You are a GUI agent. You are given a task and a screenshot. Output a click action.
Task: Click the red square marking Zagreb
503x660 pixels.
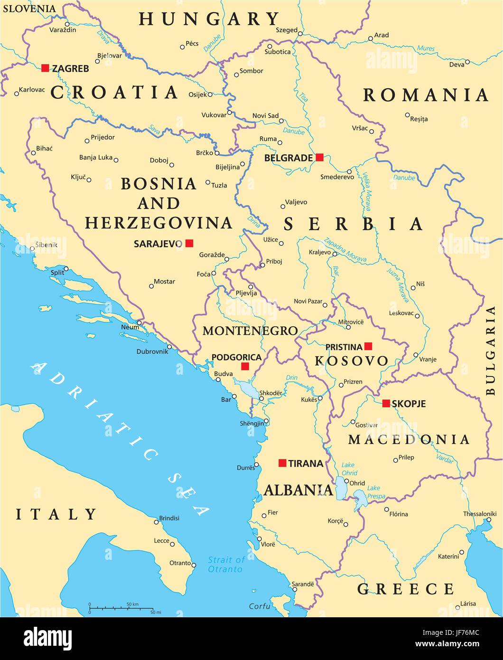pos(45,68)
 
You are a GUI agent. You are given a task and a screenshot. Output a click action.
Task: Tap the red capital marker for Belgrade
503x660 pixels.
pos(319,157)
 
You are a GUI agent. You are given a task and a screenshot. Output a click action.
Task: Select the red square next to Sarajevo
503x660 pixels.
pos(189,243)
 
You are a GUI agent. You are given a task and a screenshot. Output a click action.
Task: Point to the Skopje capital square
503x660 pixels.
pos(386,403)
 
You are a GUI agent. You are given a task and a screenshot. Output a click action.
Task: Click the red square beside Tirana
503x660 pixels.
pos(282,463)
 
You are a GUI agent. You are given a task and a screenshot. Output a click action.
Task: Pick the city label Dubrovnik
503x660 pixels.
pos(152,351)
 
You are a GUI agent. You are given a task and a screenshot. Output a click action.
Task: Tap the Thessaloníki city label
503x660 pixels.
pos(479,514)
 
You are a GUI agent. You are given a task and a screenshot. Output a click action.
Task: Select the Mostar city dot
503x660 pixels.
pos(151,286)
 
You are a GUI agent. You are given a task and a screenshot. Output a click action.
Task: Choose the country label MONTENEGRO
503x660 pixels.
pos(250,331)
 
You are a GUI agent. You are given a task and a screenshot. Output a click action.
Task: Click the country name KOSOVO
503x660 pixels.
pos(351,361)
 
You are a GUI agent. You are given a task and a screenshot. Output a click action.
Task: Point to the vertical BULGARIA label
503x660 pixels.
pos(491,350)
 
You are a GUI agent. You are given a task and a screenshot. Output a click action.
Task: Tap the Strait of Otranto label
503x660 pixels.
pos(226,565)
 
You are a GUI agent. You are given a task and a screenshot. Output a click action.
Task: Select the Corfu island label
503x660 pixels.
pos(260,606)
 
